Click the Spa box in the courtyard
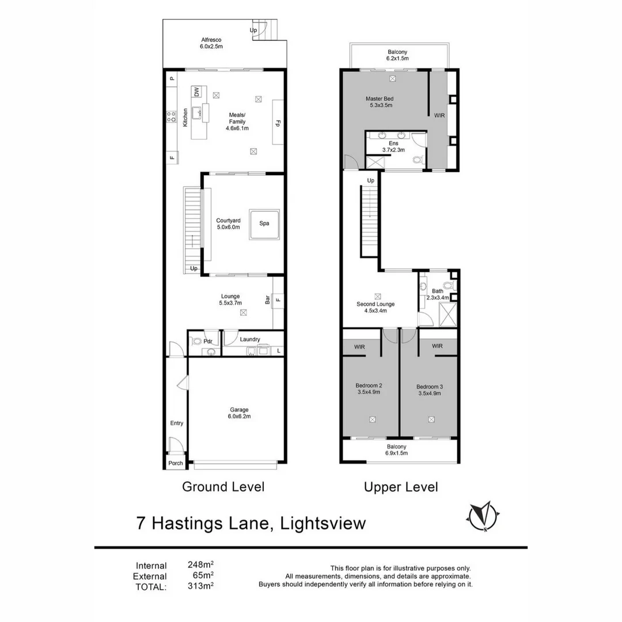[x=264, y=224]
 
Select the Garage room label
[x=240, y=413]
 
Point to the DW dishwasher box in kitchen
[x=196, y=92]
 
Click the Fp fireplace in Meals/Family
[x=278, y=122]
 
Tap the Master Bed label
[x=379, y=102]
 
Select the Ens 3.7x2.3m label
[x=394, y=146]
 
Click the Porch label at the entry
[x=176, y=463]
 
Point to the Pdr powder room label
[x=208, y=340]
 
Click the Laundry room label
[x=250, y=339]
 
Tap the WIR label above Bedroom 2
[x=360, y=347]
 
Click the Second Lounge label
[x=376, y=307]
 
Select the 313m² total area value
[x=200, y=587]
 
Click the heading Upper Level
[x=401, y=487]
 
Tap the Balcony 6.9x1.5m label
[x=397, y=450]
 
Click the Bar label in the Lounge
[x=267, y=299]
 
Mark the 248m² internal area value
[x=200, y=565]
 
